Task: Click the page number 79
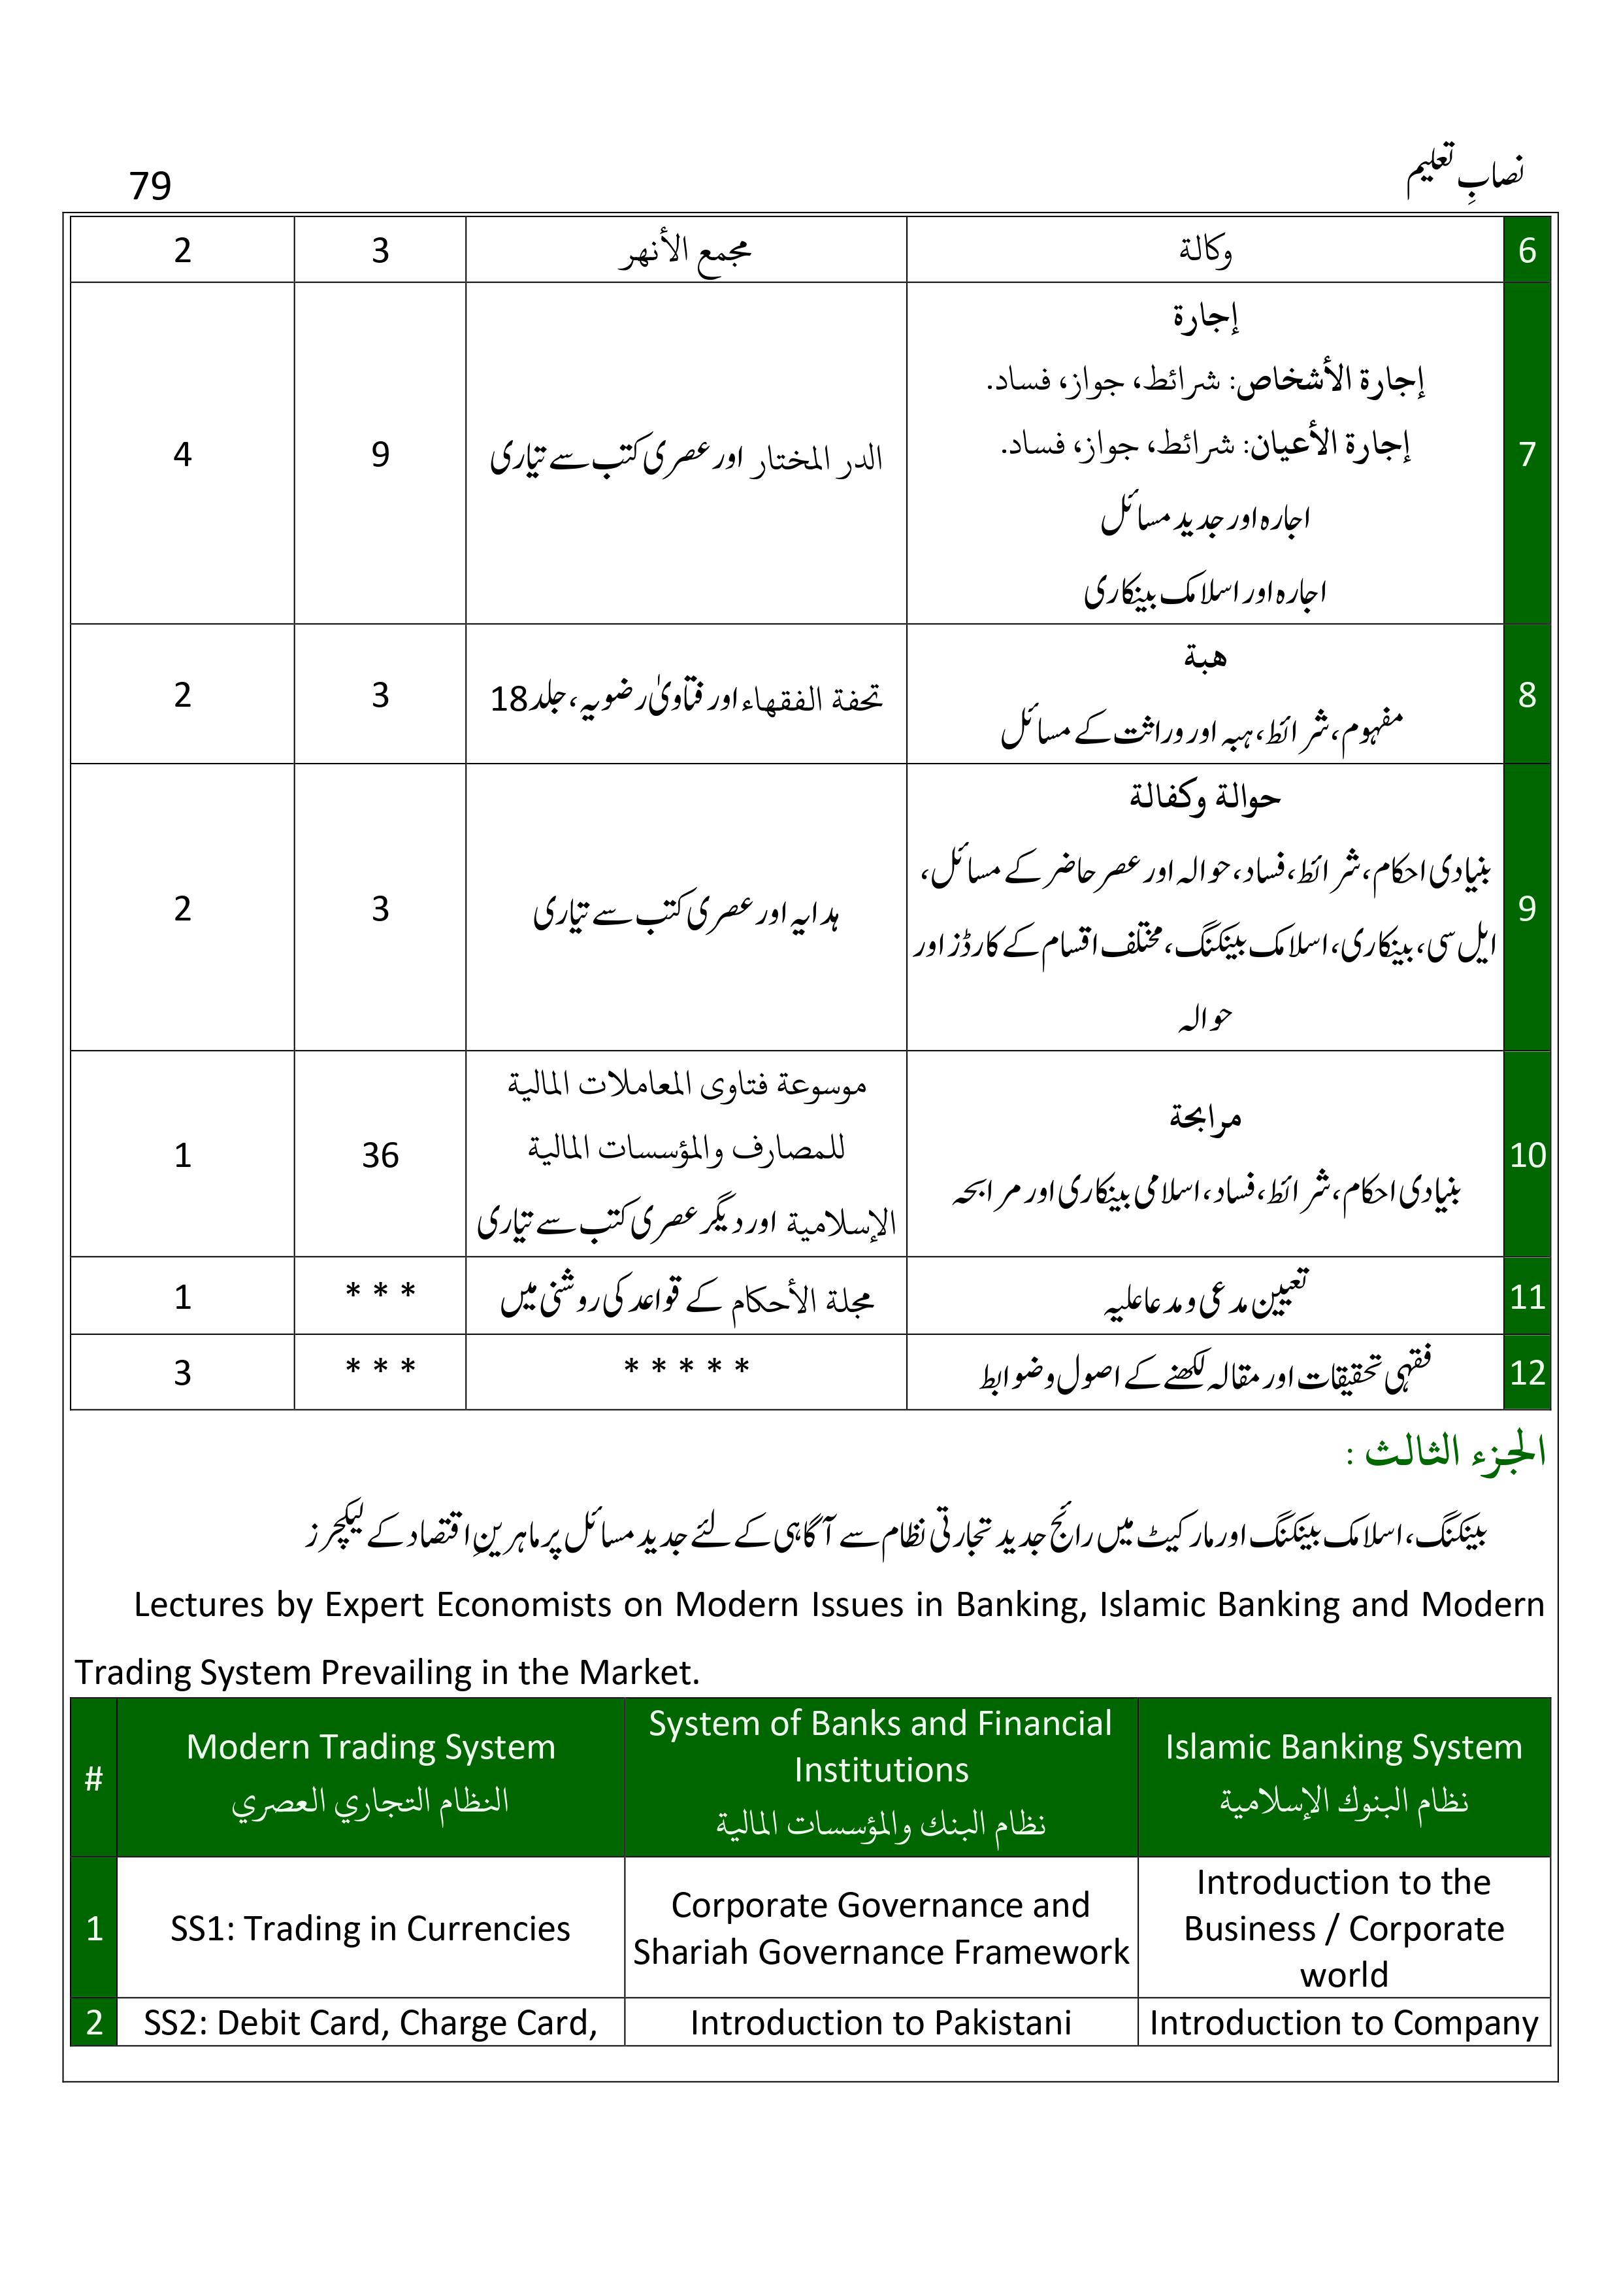coord(150,186)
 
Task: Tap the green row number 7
coord(1526,454)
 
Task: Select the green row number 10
coord(1526,1155)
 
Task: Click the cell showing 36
coord(380,1155)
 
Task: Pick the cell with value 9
coord(380,454)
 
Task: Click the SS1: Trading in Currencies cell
coord(370,1929)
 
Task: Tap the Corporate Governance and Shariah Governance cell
coord(881,1929)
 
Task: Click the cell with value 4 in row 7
coord(182,454)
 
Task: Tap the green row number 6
coord(1526,250)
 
